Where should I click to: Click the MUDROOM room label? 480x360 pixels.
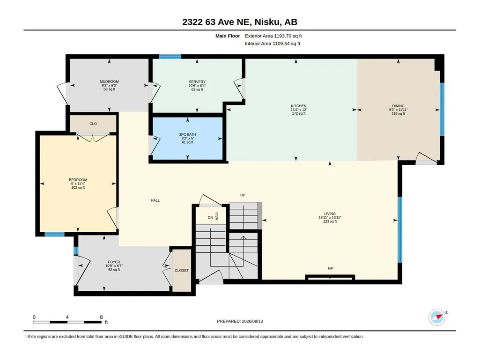pos(109,81)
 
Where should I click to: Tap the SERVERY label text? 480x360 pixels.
pos(197,82)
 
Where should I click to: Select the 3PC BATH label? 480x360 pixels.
pos(188,134)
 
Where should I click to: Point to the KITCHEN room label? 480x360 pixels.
pos(298,106)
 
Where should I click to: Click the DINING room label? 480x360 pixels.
pos(398,106)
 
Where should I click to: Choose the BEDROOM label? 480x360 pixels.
pos(78,180)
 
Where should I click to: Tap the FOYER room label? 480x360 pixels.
pos(114,262)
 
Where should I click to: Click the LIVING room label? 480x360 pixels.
pos(330,213)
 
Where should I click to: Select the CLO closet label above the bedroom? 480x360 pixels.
pos(93,124)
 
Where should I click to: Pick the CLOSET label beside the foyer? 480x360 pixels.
pos(182,270)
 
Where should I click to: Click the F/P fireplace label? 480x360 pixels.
pos(331,268)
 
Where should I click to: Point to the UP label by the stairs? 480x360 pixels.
pos(243,195)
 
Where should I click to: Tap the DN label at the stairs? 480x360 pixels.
pos(210,218)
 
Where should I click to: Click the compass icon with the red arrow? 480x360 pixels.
pos(437,317)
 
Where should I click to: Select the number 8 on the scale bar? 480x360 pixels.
pos(101,317)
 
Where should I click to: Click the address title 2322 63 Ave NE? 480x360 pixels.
pos(217,22)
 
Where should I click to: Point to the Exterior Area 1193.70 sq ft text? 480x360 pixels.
pos(273,36)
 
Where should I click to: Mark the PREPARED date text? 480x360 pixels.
pos(240,321)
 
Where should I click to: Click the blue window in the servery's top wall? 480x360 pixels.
pos(170,56)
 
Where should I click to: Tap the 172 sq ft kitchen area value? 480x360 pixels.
pos(299,114)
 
